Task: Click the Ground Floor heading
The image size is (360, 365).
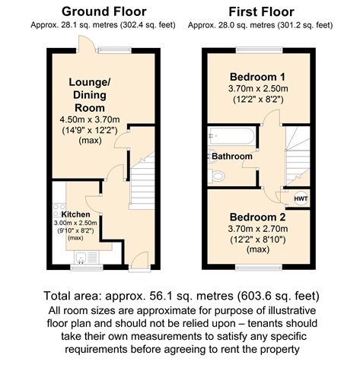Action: (104, 12)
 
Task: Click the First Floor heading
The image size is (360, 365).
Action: (261, 12)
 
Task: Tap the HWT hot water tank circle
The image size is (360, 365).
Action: (301, 198)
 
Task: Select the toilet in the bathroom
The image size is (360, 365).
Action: (216, 176)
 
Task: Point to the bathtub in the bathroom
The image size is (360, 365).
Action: (231, 136)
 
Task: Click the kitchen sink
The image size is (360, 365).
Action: (86, 257)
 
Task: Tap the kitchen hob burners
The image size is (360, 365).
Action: (59, 211)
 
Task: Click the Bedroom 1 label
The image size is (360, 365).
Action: (257, 77)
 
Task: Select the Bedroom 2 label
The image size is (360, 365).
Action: (257, 217)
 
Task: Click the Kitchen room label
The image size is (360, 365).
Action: (75, 214)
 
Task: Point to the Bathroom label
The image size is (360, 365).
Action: (232, 156)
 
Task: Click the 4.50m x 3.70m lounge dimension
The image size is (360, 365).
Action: (90, 119)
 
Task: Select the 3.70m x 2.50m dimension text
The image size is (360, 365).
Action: (258, 89)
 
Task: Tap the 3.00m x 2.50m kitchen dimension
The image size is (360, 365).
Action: (75, 223)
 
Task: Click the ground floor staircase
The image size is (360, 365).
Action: (142, 181)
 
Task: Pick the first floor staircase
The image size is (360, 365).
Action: (298, 156)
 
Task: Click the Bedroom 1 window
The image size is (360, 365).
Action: (260, 50)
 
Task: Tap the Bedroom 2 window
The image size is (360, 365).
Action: (259, 267)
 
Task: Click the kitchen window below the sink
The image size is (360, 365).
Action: (87, 268)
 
